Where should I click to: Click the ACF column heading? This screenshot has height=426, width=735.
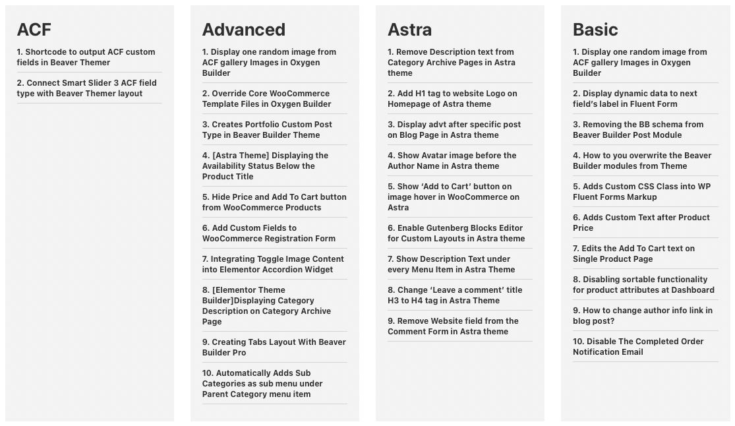pyautogui.click(x=34, y=30)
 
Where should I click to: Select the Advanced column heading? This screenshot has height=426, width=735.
pyautogui.click(x=243, y=30)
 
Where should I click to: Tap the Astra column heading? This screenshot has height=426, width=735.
pyautogui.click(x=409, y=30)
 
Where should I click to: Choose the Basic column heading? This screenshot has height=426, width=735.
pyautogui.click(x=595, y=30)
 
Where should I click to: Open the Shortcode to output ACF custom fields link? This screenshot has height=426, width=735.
pyautogui.click(x=86, y=57)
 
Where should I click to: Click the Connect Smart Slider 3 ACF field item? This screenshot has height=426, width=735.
pyautogui.click(x=86, y=88)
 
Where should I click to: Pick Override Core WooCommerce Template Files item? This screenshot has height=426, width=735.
pyautogui.click(x=266, y=99)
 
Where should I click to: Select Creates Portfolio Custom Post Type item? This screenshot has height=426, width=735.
pyautogui.click(x=266, y=130)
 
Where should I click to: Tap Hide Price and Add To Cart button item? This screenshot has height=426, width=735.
pyautogui.click(x=274, y=202)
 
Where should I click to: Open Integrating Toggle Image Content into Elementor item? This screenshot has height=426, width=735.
pyautogui.click(x=272, y=264)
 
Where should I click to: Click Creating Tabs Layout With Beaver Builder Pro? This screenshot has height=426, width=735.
pyautogui.click(x=274, y=348)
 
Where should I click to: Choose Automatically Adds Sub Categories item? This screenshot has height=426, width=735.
pyautogui.click(x=262, y=384)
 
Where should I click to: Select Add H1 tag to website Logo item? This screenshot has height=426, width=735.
pyautogui.click(x=452, y=99)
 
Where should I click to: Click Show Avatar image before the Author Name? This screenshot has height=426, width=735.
pyautogui.click(x=452, y=161)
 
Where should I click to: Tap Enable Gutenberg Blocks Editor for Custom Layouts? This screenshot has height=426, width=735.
pyautogui.click(x=456, y=233)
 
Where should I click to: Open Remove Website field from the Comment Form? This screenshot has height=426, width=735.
pyautogui.click(x=452, y=326)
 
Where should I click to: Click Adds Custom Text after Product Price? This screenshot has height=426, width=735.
pyautogui.click(x=641, y=223)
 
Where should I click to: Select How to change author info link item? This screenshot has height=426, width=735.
pyautogui.click(x=642, y=316)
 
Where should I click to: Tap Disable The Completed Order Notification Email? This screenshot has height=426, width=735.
pyautogui.click(x=637, y=347)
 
